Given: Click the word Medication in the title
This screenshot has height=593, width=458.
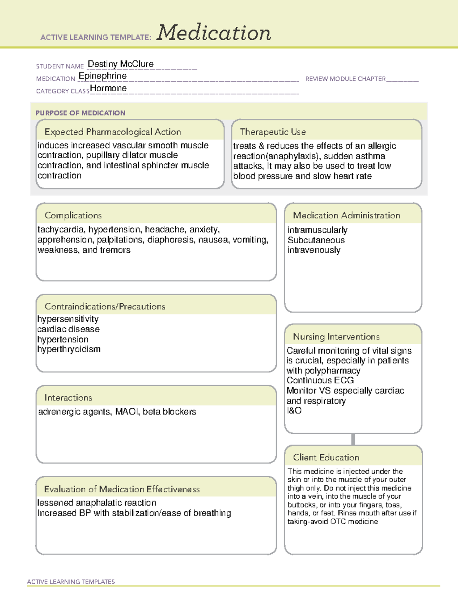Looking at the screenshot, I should coord(214,33).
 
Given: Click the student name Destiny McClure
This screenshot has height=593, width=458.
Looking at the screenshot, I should coord(121,64).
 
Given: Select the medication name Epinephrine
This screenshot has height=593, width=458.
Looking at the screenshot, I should coord(103,76).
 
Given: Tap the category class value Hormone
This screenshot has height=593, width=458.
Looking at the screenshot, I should coord(108,89).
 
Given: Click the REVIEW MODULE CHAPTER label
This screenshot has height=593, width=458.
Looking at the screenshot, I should coord(345,79).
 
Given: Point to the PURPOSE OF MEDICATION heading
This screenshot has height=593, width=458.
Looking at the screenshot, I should coord(81,113).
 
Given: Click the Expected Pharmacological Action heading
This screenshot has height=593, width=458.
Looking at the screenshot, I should coord(113,132).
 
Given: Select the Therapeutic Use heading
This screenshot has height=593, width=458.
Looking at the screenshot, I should coord(273,132).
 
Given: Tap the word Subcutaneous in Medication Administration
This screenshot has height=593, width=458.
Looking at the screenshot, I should coord(316,240).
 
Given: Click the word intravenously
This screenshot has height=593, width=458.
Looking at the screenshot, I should coord(314,250).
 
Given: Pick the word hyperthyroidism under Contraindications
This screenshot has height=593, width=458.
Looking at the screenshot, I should coord(69,349).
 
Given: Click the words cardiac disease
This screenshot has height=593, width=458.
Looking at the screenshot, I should coord(68,329).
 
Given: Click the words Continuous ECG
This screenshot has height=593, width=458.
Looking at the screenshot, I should coord(320,381).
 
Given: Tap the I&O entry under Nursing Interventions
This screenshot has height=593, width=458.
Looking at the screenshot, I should coord(294,410).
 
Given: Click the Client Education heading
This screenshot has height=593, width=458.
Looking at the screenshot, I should coord(326,457).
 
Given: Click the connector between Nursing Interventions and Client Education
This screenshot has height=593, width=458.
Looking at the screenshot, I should coord(353,439).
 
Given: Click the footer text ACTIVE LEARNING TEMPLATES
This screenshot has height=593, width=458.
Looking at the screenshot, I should coord(71,582).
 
